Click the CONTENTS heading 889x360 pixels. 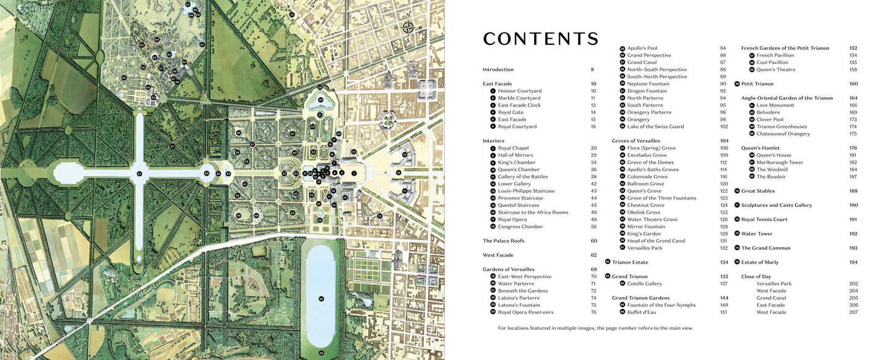tap(540, 39)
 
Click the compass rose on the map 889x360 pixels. tap(408, 27)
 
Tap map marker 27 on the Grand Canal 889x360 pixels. tap(140, 174)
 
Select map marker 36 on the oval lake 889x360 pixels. tap(321, 298)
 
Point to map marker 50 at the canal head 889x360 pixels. tap(207, 174)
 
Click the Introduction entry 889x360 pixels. tap(498, 70)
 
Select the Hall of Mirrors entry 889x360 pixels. tap(516, 155)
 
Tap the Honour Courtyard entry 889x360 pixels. tap(519, 91)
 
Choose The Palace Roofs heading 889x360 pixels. tap(503, 241)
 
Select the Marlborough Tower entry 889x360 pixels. tap(779, 162)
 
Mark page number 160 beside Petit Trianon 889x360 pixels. tap(853, 84)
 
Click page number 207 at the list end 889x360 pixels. tap(853, 312)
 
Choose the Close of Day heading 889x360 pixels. tap(755, 276)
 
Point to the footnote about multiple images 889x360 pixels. tap(596, 328)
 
